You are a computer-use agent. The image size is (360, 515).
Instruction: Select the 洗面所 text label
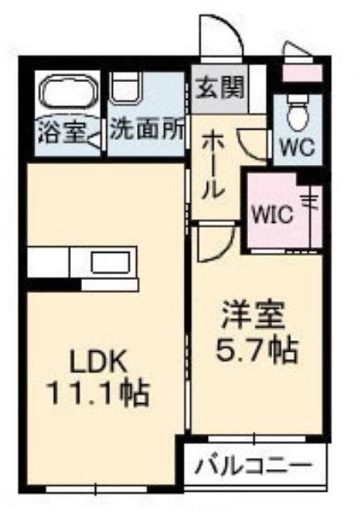147,130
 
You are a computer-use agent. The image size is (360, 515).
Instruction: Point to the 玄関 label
220,88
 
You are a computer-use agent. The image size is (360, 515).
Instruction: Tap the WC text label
297,148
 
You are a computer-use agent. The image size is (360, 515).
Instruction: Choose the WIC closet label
272,215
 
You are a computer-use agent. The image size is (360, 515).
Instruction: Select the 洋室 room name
253,315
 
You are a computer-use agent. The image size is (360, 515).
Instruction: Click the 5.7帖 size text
257,350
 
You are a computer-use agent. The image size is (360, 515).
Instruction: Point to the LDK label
97,361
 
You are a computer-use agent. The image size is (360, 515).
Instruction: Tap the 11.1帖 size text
99,393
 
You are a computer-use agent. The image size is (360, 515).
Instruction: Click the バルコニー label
253,465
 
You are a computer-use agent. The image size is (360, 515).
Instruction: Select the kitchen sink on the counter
110,263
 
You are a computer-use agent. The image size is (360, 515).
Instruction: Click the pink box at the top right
302,73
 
